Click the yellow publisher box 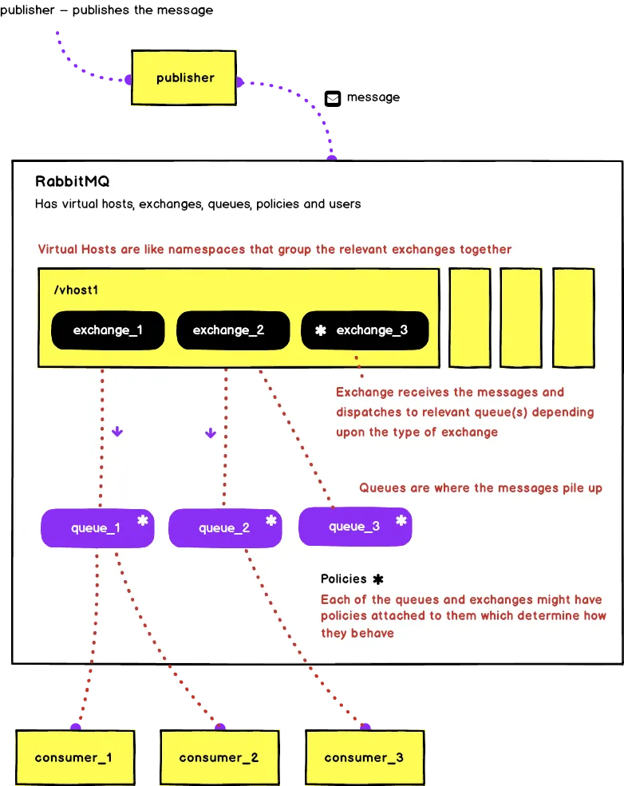pyautogui.click(x=184, y=78)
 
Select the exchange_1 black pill pyautogui.click(x=107, y=330)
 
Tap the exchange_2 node pyautogui.click(x=227, y=330)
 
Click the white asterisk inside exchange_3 pyautogui.click(x=321, y=330)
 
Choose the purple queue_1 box pyautogui.click(x=97, y=527)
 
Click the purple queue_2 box pyautogui.click(x=224, y=527)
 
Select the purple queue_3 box pyautogui.click(x=355, y=526)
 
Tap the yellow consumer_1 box pyautogui.click(x=73, y=757)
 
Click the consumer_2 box pyautogui.click(x=219, y=757)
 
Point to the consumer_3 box pyautogui.click(x=365, y=757)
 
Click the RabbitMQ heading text pyautogui.click(x=73, y=181)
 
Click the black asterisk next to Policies pyautogui.click(x=378, y=579)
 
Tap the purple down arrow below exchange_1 pyautogui.click(x=117, y=432)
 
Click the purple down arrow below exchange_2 pyautogui.click(x=211, y=433)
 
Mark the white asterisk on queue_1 pyautogui.click(x=143, y=520)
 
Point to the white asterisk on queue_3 pyautogui.click(x=401, y=520)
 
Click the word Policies pyautogui.click(x=344, y=579)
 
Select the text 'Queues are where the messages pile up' pyautogui.click(x=480, y=488)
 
